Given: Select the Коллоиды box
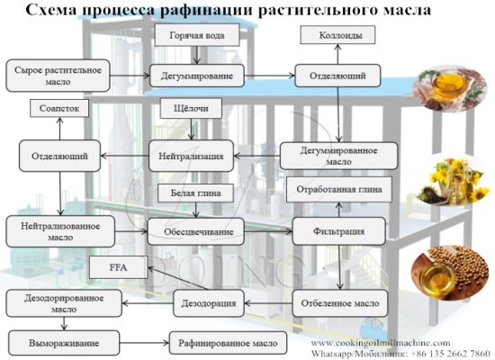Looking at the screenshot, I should coord(337,36).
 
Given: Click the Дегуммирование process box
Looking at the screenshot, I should coord(197,76).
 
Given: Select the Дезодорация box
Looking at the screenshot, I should coord(197,302).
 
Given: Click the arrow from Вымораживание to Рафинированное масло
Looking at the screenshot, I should coord(144,343).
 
